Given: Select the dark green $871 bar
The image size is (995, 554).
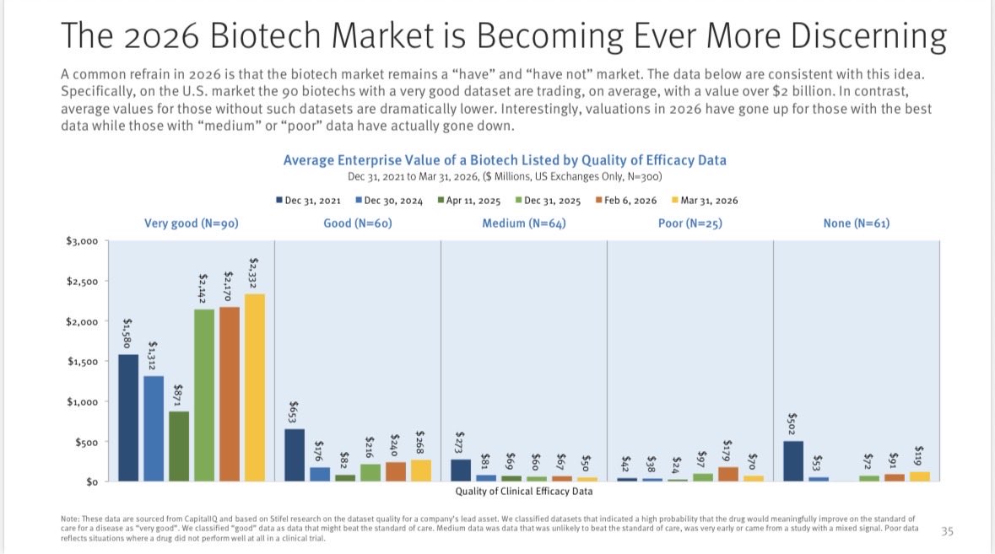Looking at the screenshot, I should [x=179, y=446].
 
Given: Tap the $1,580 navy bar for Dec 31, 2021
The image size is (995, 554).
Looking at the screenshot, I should [x=128, y=417].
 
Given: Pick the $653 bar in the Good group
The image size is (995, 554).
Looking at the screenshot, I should [x=295, y=454].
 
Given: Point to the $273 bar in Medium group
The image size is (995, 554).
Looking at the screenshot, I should [x=461, y=470].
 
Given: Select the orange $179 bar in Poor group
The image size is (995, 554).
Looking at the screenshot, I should [x=727, y=474].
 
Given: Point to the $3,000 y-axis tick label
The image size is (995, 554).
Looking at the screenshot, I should [x=82, y=241].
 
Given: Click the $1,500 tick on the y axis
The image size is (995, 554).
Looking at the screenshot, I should [x=82, y=362].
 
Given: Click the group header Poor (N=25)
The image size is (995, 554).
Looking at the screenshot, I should [x=689, y=223].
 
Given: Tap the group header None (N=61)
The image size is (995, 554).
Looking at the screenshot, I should [x=856, y=223].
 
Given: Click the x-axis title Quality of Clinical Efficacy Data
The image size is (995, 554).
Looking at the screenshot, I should [x=523, y=491].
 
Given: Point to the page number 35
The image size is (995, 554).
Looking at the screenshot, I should [x=947, y=531].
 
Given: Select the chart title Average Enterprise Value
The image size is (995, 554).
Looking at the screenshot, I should [x=504, y=160].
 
